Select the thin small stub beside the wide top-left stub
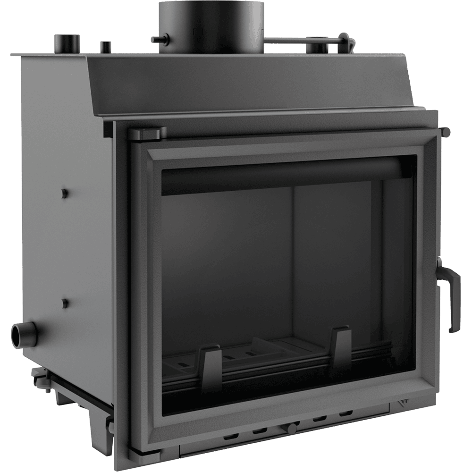pyautogui.click(x=106, y=47)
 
